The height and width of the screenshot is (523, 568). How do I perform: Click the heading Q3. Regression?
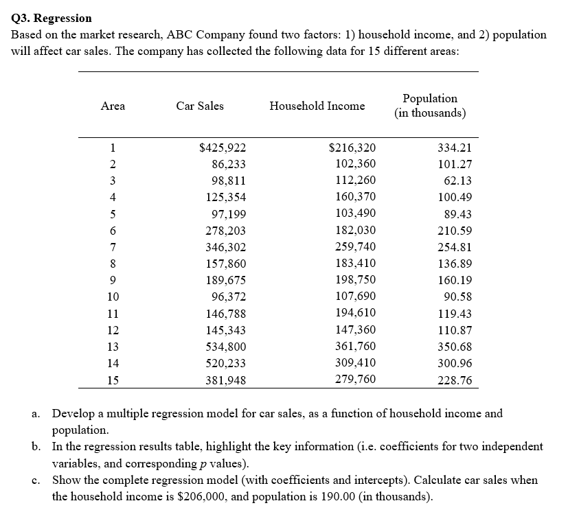click(x=52, y=18)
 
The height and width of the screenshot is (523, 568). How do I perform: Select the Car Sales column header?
click(x=199, y=106)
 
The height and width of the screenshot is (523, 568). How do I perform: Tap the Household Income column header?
click(x=317, y=106)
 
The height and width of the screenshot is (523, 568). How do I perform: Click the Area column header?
click(x=113, y=106)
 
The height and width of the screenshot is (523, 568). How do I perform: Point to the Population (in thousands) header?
click(x=430, y=106)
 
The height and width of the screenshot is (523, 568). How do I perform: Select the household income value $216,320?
click(x=352, y=148)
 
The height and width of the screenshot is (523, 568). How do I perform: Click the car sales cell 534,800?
click(x=226, y=347)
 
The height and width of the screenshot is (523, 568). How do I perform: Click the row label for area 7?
click(x=113, y=247)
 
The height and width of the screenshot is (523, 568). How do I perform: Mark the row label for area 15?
click(x=113, y=380)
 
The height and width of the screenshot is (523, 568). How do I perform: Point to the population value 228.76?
click(x=455, y=380)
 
